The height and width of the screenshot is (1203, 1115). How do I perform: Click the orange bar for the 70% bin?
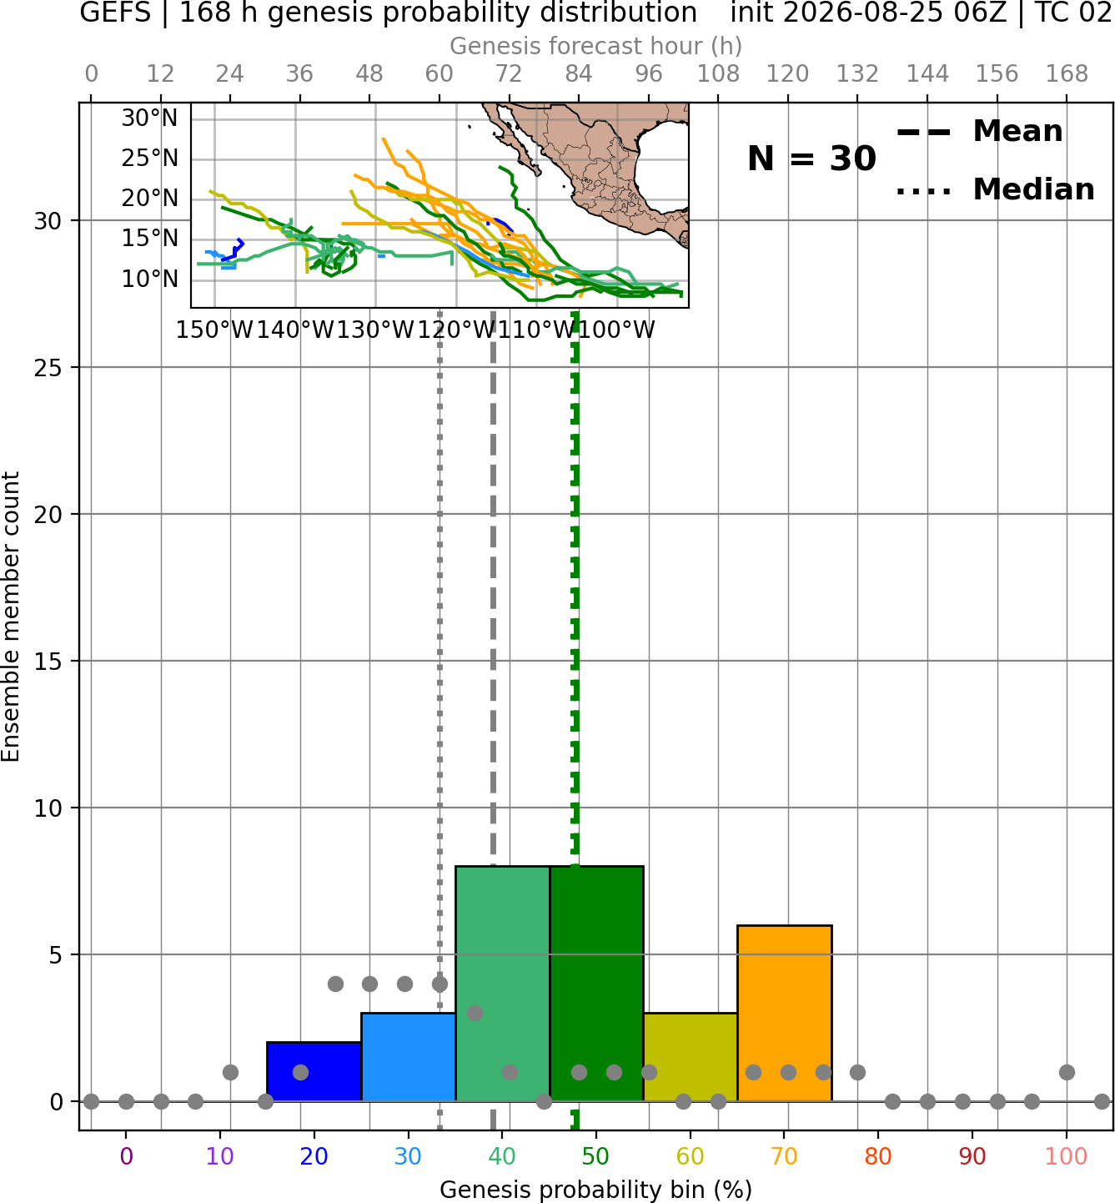pyautogui.click(x=784, y=1013)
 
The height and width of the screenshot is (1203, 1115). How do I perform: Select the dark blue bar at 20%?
pyautogui.click(x=314, y=1071)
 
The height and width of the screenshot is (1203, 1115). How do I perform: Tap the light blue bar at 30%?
pyautogui.click(x=408, y=1057)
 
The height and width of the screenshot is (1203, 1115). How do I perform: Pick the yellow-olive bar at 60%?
pyautogui.click(x=691, y=1057)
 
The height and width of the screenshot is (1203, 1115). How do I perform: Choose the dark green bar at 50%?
pyautogui.click(x=596, y=984)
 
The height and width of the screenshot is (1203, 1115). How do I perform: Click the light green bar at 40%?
pyautogui.click(x=503, y=984)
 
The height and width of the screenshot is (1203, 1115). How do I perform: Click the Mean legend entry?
pyautogui.click(x=979, y=132)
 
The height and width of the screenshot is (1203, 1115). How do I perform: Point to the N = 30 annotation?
pyautogui.click(x=811, y=159)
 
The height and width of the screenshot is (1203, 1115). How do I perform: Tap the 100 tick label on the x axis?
pyautogui.click(x=1067, y=1156)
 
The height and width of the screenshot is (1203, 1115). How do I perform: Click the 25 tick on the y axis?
pyautogui.click(x=48, y=368)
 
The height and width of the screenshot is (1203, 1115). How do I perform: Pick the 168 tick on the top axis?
pyautogui.click(x=1067, y=74)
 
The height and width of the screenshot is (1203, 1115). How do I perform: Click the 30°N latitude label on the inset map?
pyautogui.click(x=149, y=118)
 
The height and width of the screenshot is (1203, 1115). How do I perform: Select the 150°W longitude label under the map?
pyautogui.click(x=214, y=330)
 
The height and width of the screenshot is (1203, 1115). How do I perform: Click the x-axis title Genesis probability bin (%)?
pyautogui.click(x=596, y=1190)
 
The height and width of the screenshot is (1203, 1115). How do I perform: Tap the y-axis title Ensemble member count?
pyautogui.click(x=10, y=617)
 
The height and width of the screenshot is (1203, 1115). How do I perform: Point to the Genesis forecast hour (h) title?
pyautogui.click(x=596, y=46)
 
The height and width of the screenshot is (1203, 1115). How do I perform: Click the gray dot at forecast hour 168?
pyautogui.click(x=1067, y=1072)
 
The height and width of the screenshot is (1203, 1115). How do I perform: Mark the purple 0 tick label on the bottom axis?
pyautogui.click(x=126, y=1156)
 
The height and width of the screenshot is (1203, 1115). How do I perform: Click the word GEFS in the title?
pyautogui.click(x=115, y=13)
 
